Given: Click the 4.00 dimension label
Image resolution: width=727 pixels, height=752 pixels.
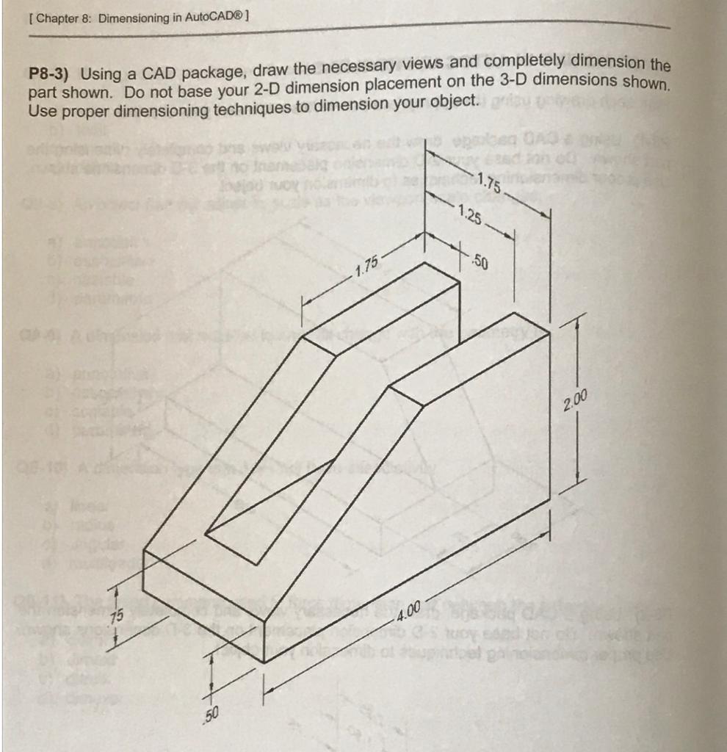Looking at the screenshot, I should coord(408,609).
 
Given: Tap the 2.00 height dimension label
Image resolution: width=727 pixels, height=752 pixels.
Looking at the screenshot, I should coord(577,401).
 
